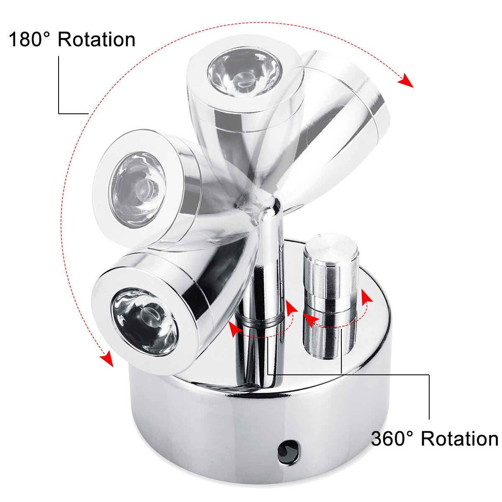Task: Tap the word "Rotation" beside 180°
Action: [x=97, y=40]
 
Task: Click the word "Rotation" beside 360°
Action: [x=459, y=439]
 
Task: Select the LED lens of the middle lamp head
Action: [x=137, y=187]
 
